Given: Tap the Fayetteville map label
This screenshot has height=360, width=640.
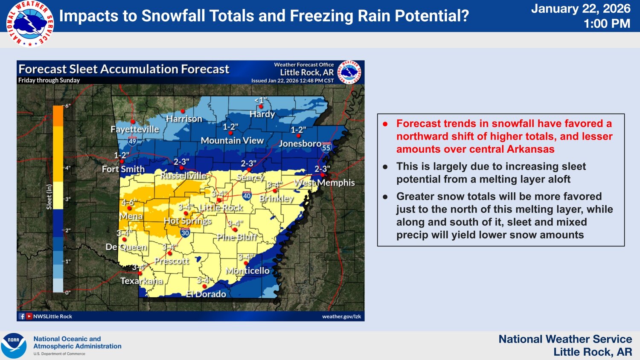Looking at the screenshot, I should [134, 129].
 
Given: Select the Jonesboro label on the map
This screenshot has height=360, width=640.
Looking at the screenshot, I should [300, 143].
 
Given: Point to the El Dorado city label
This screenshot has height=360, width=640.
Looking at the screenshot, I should [206, 294].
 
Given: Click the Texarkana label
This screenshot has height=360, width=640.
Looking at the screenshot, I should [141, 281].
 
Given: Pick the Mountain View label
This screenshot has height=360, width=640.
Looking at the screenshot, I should [232, 140].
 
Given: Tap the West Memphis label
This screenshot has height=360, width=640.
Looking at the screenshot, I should [324, 183].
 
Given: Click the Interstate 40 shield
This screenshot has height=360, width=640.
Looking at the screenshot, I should [247, 196].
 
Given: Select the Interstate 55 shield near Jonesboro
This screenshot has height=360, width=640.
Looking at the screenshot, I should [326, 148].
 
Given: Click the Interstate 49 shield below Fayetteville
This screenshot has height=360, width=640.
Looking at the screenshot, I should [132, 141].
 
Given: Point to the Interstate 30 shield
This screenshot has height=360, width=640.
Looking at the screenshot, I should [185, 233].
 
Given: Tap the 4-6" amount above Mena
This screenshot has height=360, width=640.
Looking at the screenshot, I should [128, 203].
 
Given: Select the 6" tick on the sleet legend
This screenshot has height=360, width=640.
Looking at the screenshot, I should [67, 106].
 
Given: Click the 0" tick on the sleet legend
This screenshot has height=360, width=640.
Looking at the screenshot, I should [67, 293].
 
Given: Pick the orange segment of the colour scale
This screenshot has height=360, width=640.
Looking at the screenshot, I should [58, 116].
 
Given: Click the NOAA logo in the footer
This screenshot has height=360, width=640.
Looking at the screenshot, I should [14, 345].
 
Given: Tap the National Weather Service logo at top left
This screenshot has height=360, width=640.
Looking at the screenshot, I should [30, 23].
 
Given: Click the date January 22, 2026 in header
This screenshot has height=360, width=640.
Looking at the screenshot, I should [580, 9].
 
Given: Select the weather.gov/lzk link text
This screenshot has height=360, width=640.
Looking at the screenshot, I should [341, 316].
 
